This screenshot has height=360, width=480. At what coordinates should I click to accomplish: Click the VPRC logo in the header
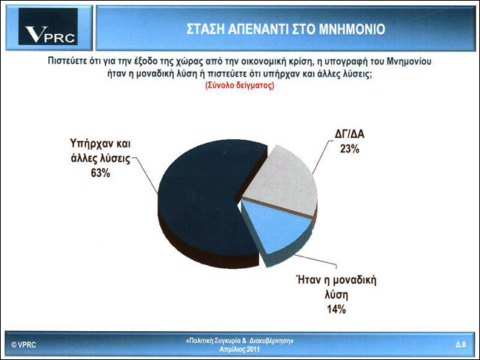48,27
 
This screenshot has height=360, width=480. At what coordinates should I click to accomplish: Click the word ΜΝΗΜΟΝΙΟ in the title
352,30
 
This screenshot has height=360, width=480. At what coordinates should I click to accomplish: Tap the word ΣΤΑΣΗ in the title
205,30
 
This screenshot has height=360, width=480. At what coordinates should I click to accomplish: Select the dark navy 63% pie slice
202,202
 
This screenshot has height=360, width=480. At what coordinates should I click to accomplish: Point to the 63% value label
100,173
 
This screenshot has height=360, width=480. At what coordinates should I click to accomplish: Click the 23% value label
350,149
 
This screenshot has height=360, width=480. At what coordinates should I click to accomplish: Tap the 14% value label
336,310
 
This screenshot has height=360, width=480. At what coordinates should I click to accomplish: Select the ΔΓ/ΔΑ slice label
350,134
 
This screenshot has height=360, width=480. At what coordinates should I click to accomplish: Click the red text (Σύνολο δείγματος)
239,85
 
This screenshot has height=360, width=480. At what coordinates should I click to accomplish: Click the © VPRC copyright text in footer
24,344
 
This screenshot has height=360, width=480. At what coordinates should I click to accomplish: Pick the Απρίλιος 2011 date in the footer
239,349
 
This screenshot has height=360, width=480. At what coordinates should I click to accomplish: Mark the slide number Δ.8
461,344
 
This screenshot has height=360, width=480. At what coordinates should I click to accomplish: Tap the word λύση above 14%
336,296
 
